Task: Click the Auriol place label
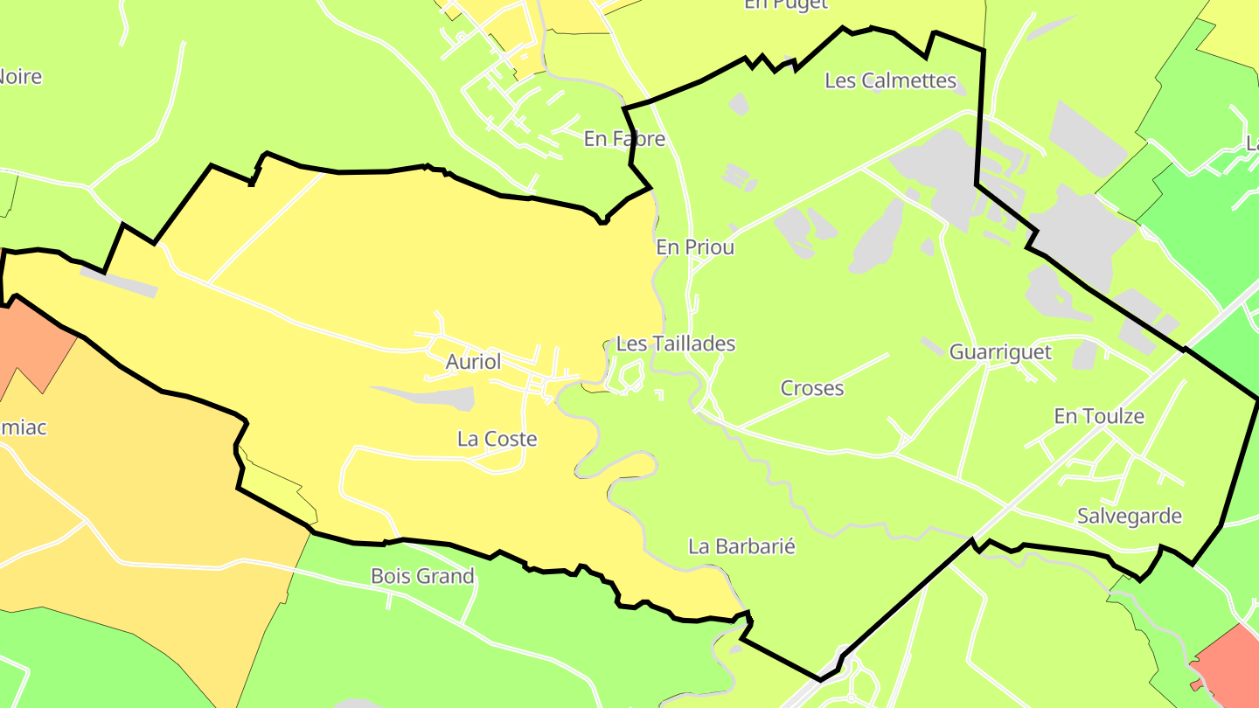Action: [473, 362]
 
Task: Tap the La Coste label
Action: [497, 439]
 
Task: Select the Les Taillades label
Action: [676, 344]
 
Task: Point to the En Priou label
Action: [695, 247]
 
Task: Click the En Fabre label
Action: [624, 139]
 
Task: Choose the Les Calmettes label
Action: [891, 80]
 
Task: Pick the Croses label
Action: [812, 388]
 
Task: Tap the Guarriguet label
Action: [1000, 352]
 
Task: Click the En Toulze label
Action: [1099, 416]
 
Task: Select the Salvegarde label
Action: [1129, 516]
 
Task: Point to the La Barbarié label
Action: [742, 546]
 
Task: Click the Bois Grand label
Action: [422, 576]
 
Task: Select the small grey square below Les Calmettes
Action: [739, 104]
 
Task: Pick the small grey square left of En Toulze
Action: [1084, 355]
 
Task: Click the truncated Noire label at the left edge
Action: [19, 77]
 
